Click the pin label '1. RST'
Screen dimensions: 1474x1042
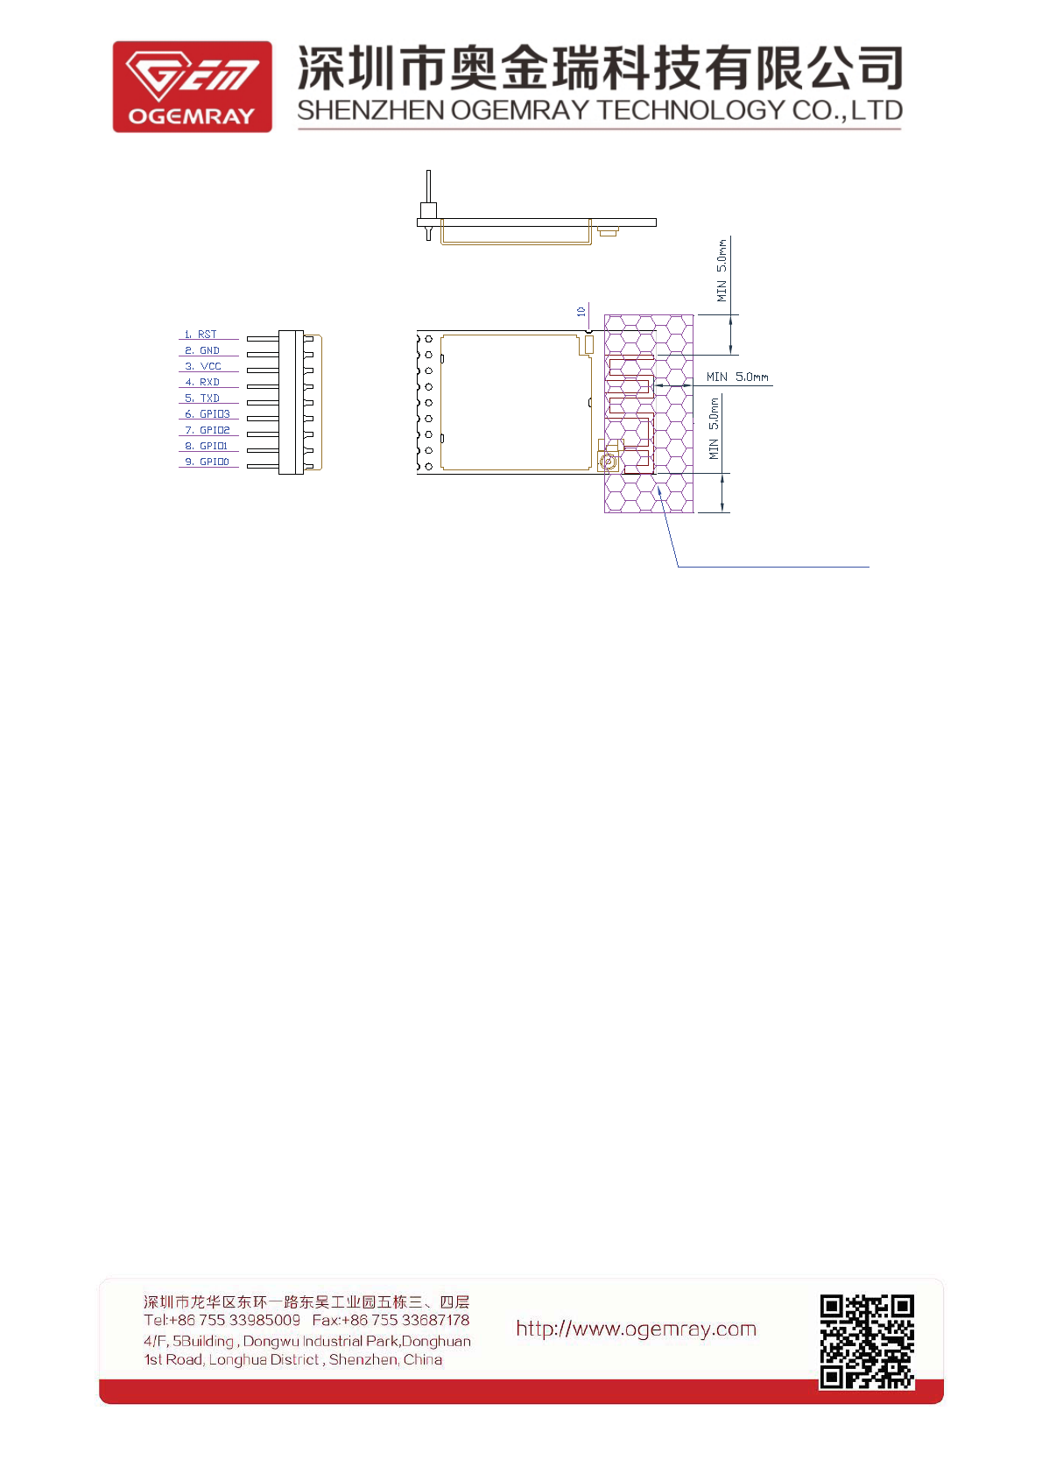(x=201, y=335)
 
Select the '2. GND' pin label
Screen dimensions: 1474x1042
(x=202, y=350)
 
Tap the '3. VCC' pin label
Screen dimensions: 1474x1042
(x=203, y=366)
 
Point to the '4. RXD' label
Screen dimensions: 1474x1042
(x=203, y=382)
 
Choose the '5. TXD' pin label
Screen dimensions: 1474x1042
(x=202, y=398)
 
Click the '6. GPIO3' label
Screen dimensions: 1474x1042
(x=208, y=414)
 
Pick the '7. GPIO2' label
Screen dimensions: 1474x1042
(x=208, y=430)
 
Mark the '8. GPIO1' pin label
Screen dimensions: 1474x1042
(x=207, y=446)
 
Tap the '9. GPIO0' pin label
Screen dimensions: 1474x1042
(x=208, y=462)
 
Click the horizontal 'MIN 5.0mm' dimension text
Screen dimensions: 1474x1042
(x=737, y=377)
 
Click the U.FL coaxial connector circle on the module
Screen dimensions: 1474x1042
(x=606, y=461)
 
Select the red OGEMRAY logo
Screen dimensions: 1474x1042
(x=192, y=87)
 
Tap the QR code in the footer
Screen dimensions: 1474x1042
(x=867, y=1341)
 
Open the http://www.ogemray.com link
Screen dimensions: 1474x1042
(x=636, y=1329)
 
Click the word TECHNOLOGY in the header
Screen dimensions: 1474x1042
(x=691, y=110)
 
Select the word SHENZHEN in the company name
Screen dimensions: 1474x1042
(x=370, y=110)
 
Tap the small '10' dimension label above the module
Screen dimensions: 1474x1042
(x=581, y=311)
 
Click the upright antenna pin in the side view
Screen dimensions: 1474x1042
(x=428, y=188)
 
